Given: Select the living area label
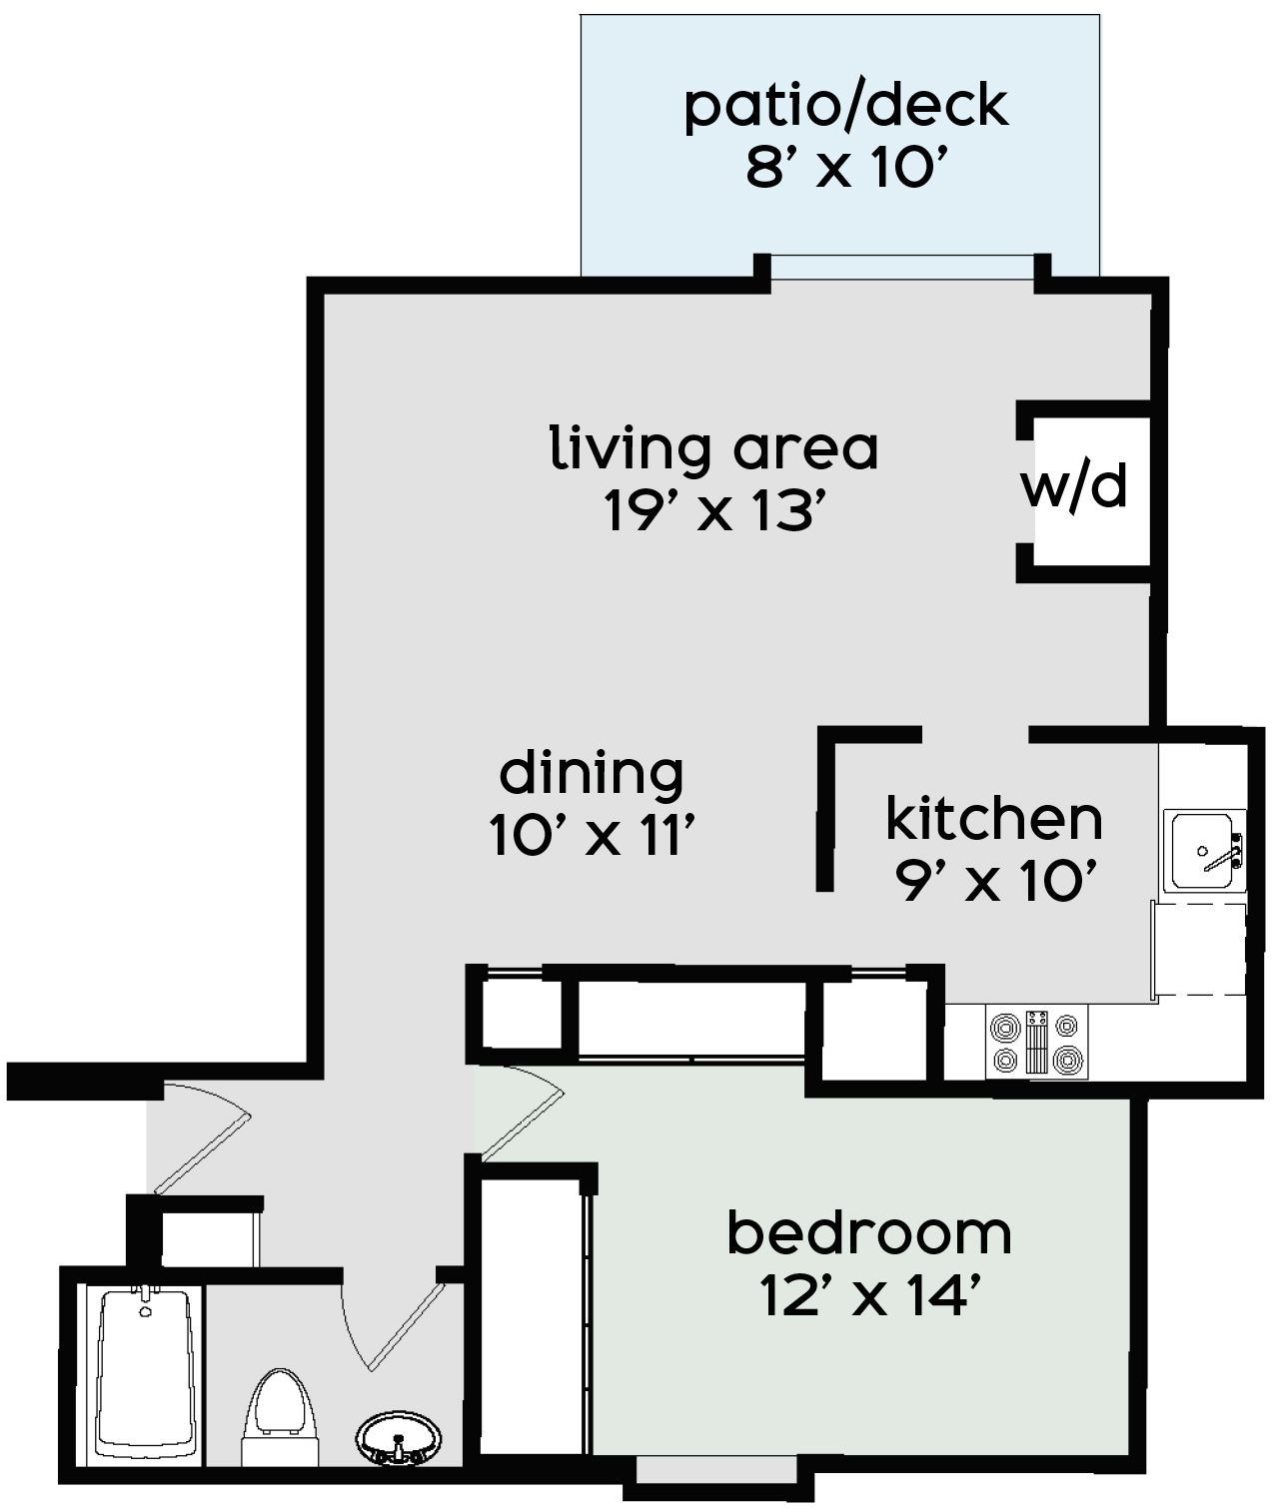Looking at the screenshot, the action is click(x=713, y=447).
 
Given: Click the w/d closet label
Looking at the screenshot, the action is click(x=1074, y=486).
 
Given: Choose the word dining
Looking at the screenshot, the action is click(x=591, y=776).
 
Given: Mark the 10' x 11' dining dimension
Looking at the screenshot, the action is click(x=591, y=835).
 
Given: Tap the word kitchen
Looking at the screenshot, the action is click(x=994, y=818).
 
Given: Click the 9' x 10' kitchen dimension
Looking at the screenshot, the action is click(x=996, y=881).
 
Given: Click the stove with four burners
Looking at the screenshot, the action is click(x=1036, y=1042).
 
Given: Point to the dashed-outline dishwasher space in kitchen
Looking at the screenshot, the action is click(x=1199, y=949).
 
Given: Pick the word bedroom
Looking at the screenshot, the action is click(x=869, y=1234).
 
